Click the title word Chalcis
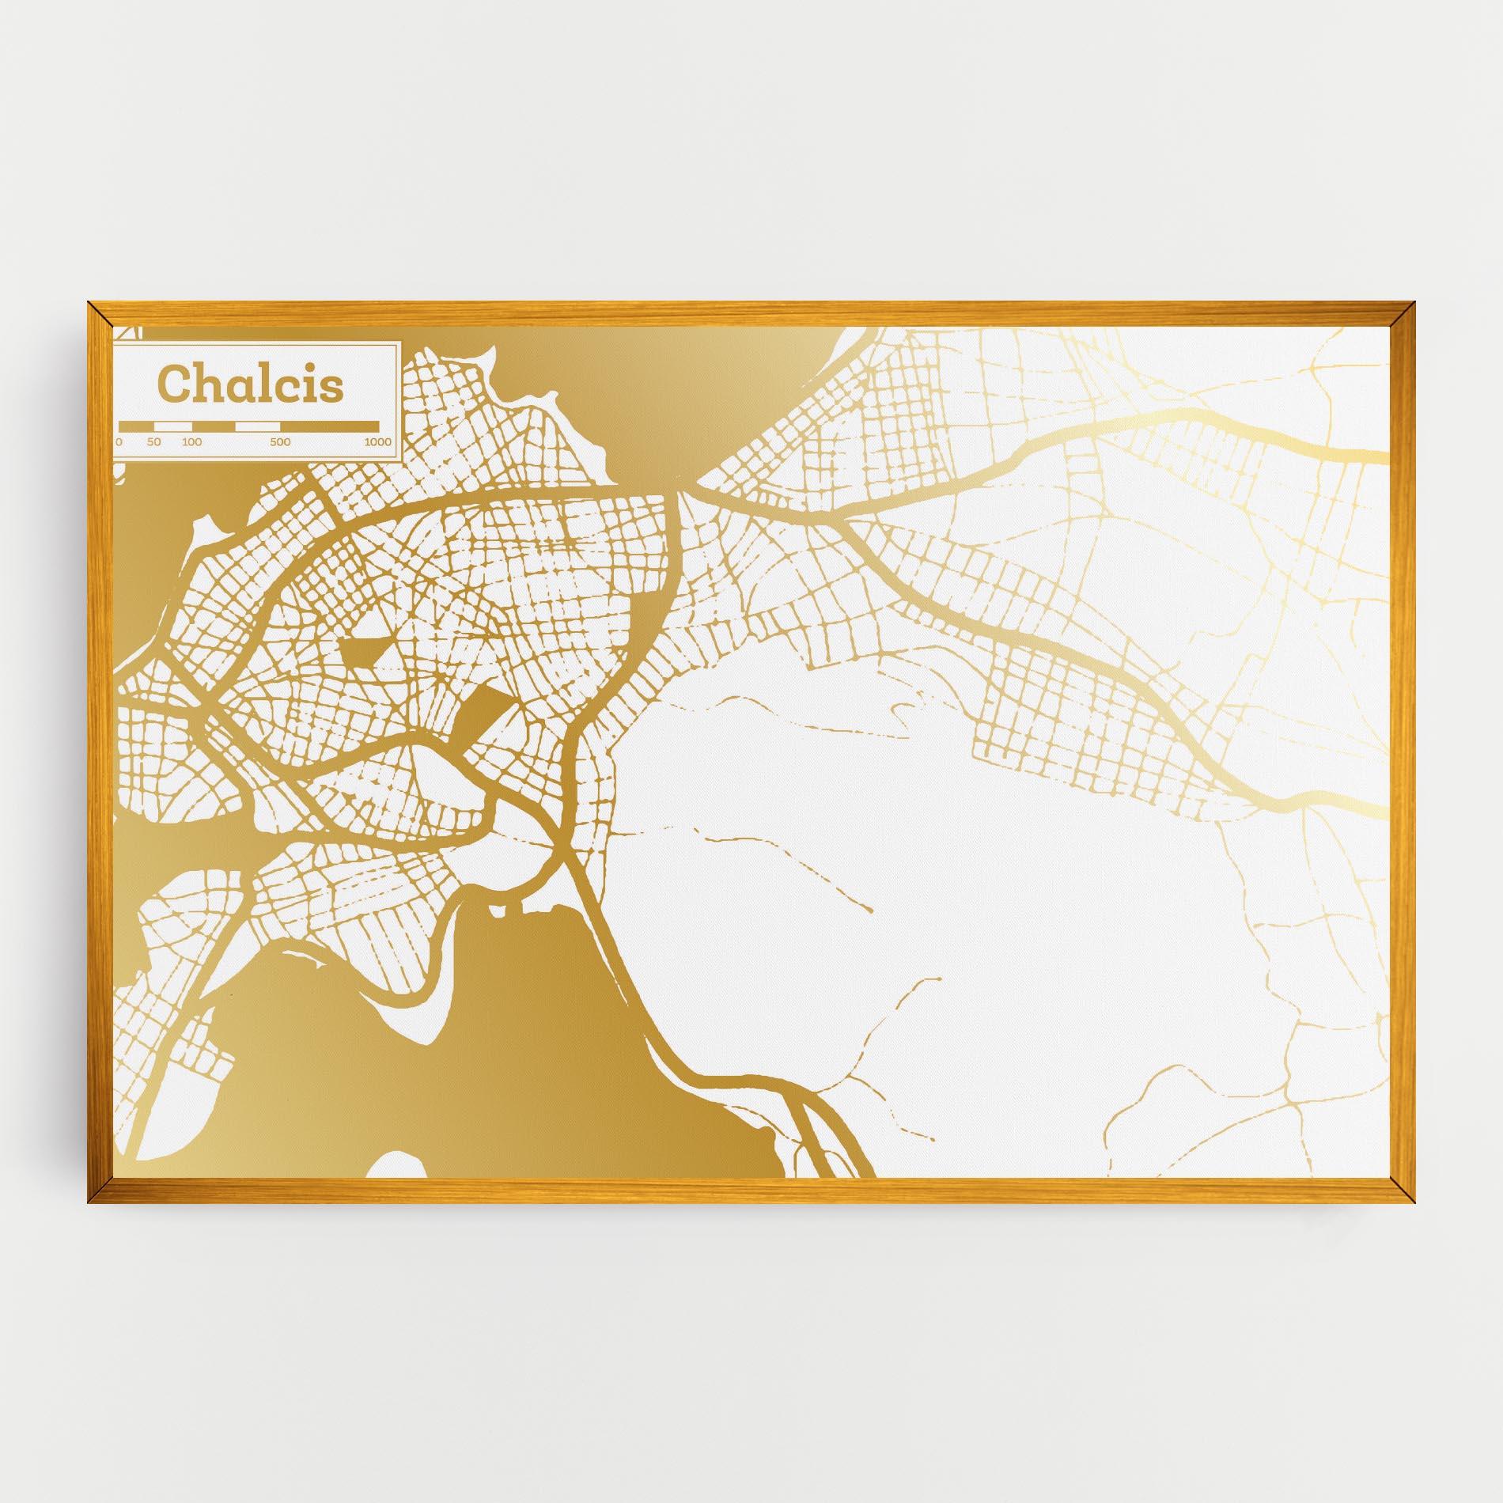click(x=252, y=384)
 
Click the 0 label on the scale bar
click(x=119, y=442)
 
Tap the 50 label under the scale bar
click(x=153, y=442)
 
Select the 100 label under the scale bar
click(x=191, y=442)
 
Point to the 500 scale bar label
click(x=280, y=442)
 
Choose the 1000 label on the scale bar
click(x=377, y=442)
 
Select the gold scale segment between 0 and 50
click(x=136, y=426)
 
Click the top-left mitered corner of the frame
click(x=99, y=313)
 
